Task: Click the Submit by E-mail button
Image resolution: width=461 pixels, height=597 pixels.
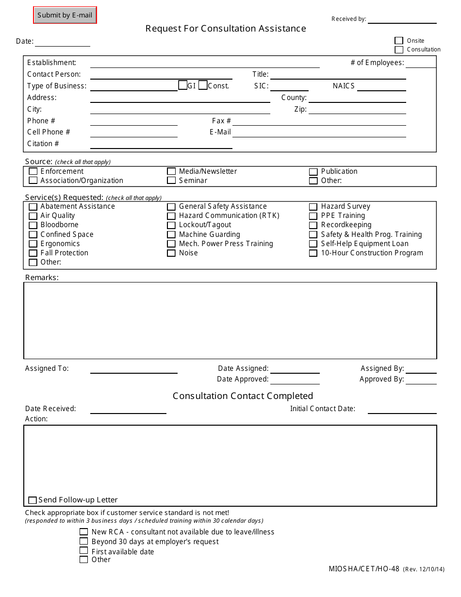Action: coord(65,15)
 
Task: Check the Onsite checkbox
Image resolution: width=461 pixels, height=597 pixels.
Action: coord(399,41)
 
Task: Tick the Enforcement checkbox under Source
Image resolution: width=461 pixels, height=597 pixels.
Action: coord(33,171)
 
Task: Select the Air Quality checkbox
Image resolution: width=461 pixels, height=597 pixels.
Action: coord(33,216)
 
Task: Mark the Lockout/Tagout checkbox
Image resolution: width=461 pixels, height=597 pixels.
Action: coord(171,225)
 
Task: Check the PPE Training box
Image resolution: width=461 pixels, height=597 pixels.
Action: coord(313,216)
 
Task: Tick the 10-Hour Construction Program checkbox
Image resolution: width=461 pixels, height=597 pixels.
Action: coord(313,253)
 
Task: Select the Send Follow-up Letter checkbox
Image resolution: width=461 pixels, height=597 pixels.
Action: coord(33,500)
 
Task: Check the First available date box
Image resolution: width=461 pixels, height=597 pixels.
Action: coord(84,551)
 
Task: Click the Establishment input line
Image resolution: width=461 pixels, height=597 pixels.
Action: coord(205,64)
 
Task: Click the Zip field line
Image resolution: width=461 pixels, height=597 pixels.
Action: coord(357,110)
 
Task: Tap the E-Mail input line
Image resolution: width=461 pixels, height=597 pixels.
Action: coord(319,133)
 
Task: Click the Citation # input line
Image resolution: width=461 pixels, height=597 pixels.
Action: coord(161,144)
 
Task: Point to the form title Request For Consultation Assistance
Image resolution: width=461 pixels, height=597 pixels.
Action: coord(226,29)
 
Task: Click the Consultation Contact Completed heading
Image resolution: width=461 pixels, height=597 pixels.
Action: coord(243,396)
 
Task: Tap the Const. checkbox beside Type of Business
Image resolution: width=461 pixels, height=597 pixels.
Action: coord(203,85)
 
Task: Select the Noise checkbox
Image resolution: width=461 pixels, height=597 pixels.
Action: coord(171,253)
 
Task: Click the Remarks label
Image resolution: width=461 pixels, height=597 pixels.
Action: coord(42,278)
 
